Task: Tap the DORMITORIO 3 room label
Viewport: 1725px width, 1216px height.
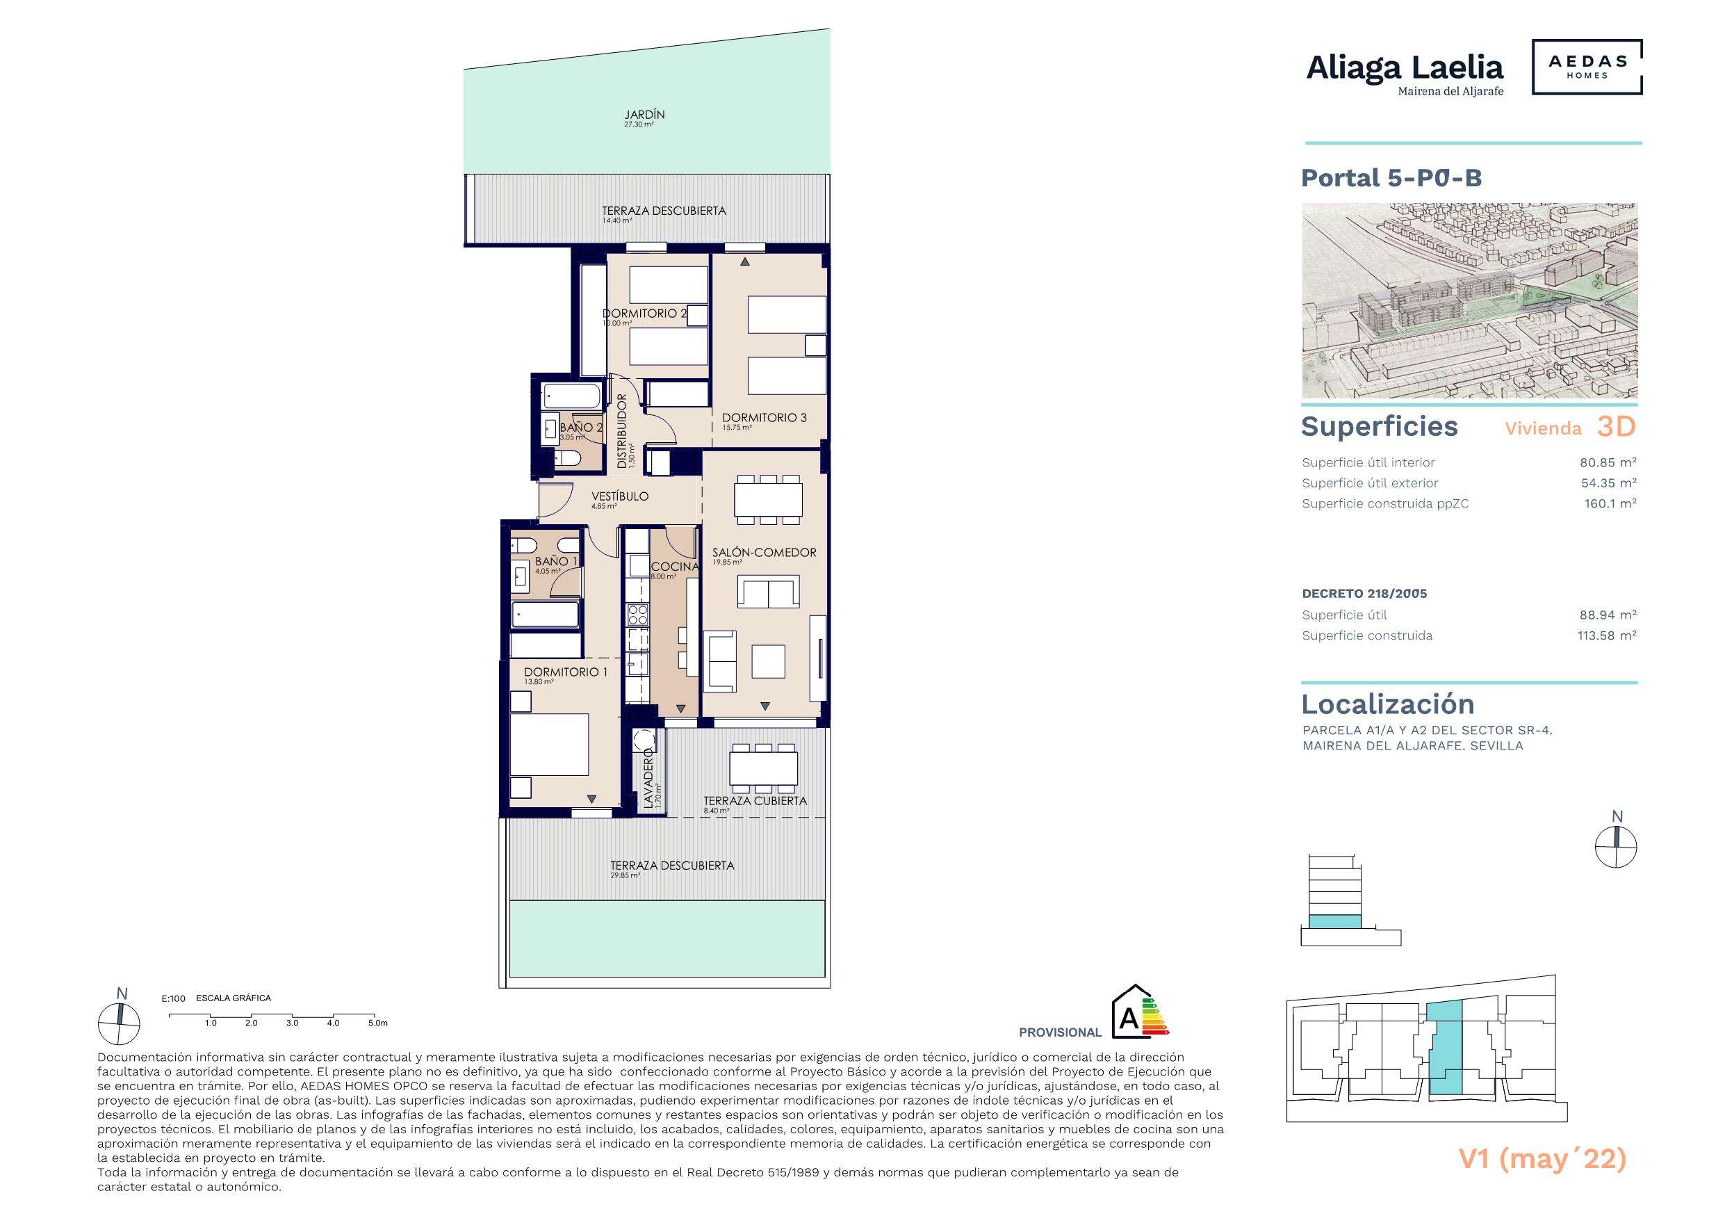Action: [x=764, y=418]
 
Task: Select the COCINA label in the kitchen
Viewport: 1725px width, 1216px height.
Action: [x=675, y=567]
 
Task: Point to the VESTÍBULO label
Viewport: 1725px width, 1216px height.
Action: [x=619, y=497]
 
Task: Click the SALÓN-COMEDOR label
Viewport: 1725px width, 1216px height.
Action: [x=764, y=553]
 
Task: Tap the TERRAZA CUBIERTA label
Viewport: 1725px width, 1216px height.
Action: [x=754, y=801]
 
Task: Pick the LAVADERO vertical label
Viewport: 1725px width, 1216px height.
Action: [x=648, y=782]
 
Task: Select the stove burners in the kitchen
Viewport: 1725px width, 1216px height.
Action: [x=638, y=615]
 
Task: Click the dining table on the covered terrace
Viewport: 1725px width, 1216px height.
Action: [x=764, y=768]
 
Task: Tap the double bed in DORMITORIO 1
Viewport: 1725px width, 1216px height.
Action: [x=549, y=744]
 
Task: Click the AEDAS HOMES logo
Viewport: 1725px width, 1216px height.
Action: [x=1587, y=67]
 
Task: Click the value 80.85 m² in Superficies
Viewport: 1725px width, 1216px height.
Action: [x=1608, y=463]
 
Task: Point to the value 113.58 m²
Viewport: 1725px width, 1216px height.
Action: [x=1606, y=635]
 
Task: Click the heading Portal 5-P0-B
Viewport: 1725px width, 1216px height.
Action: [x=1391, y=178]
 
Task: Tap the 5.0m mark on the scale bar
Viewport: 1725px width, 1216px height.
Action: [x=377, y=1023]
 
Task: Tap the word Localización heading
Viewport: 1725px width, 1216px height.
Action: [x=1388, y=704]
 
